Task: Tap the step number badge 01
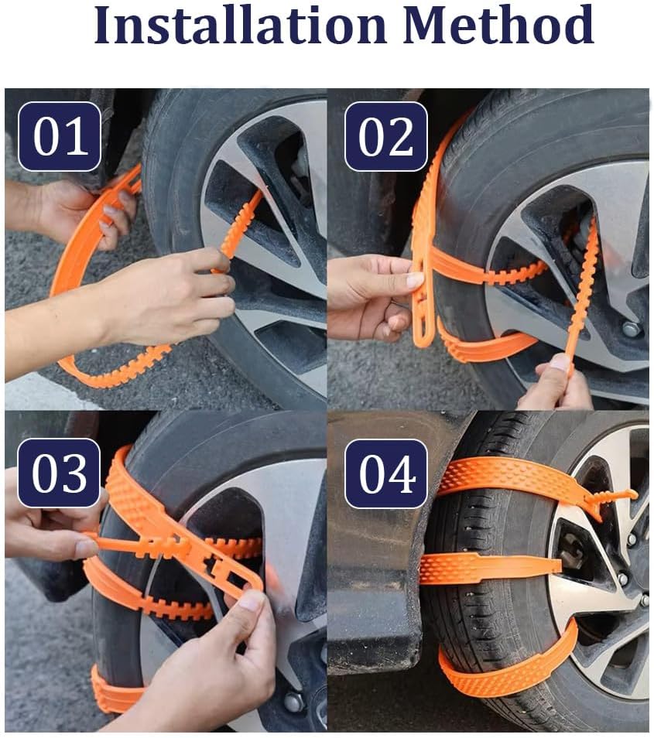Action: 60,136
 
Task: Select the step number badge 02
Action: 385,136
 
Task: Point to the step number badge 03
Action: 59,473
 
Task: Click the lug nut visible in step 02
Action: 631,329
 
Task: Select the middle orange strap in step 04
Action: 488,569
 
